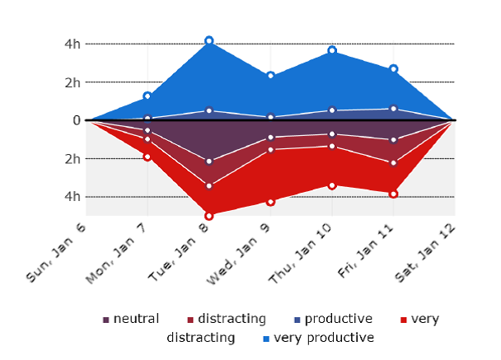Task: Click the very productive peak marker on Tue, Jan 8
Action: tap(209, 40)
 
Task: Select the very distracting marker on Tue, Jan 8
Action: tap(209, 216)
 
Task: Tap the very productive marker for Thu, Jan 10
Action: tap(332, 51)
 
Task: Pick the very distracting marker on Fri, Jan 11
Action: tap(394, 194)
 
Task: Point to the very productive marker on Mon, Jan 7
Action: tap(147, 96)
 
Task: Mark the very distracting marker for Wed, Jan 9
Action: tap(270, 201)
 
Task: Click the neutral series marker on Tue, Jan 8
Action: tap(209, 161)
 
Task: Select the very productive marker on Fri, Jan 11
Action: tap(394, 69)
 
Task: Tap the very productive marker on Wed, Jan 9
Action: tap(270, 76)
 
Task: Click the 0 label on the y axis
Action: tap(75, 120)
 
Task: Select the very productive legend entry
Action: tap(322, 338)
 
